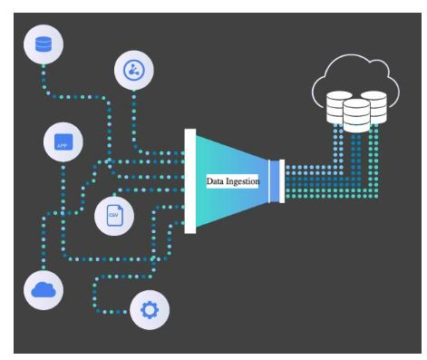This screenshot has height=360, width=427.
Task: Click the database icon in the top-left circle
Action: click(x=43, y=44)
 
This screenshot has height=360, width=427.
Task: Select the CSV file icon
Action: click(x=114, y=215)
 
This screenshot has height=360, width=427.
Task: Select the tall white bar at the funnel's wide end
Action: click(x=190, y=181)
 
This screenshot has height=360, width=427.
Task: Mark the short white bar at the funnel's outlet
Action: click(x=283, y=180)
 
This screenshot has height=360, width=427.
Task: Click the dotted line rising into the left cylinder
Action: click(x=337, y=145)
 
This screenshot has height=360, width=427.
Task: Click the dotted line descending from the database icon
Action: click(x=43, y=77)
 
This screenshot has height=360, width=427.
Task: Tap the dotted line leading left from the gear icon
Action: click(x=113, y=311)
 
